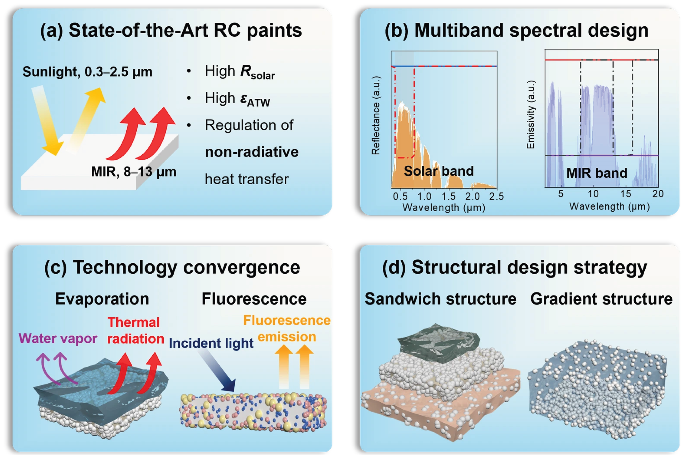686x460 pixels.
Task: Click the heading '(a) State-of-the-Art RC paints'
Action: coord(171,30)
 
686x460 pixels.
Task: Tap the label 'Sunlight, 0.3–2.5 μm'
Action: coord(87,72)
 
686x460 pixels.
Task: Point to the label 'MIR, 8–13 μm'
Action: coord(134,172)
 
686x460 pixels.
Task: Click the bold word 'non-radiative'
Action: coord(251,152)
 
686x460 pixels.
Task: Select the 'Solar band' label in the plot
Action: coord(439,171)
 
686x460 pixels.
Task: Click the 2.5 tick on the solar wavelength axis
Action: coord(496,196)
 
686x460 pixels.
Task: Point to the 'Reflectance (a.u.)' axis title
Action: coord(376,115)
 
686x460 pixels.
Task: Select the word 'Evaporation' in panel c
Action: coord(102,299)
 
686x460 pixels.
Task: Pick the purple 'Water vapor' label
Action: coord(58,339)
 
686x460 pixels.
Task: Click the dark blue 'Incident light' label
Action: coord(211,343)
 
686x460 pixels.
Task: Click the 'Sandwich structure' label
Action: coord(440,299)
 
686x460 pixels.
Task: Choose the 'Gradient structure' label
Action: coord(601,299)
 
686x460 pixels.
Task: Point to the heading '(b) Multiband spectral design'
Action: coord(516,30)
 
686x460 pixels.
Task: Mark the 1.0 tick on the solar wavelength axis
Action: coord(424,196)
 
